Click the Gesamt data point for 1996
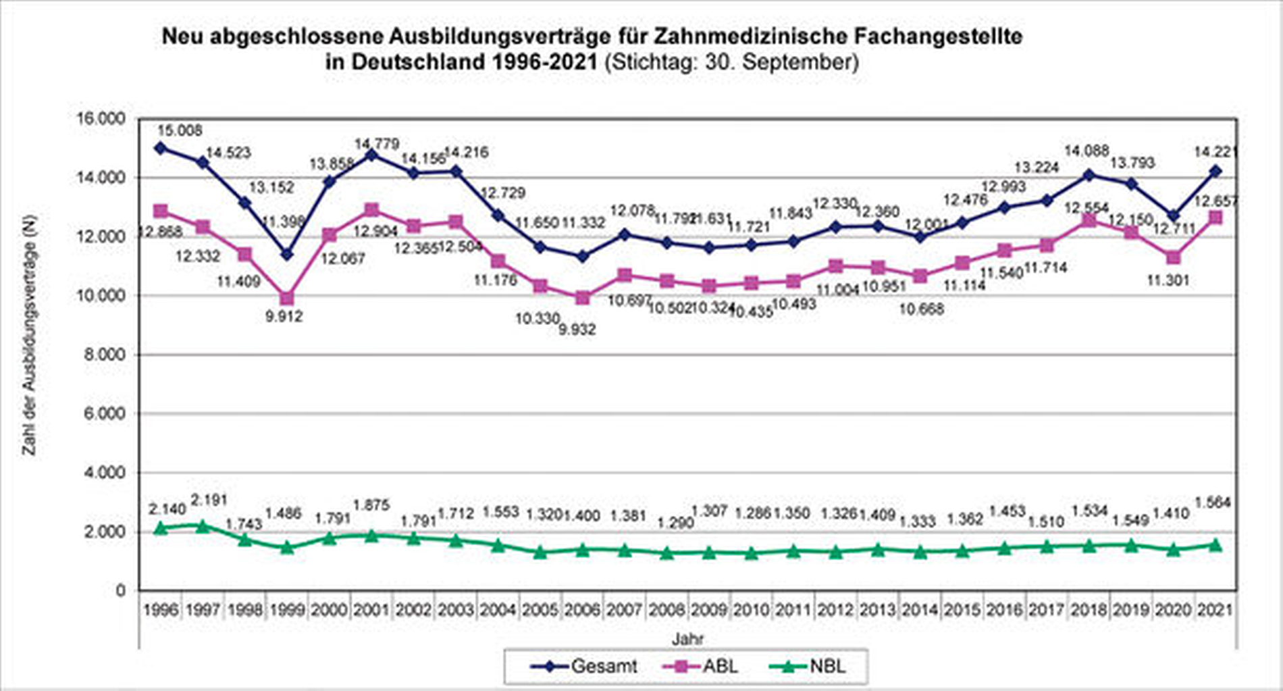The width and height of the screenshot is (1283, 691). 161,148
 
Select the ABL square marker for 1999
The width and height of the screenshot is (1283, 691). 287,298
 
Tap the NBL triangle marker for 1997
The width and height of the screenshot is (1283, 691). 203,526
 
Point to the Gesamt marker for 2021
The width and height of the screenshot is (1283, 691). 1215,172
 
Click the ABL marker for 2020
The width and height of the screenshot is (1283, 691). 1174,257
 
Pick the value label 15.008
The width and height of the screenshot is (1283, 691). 180,130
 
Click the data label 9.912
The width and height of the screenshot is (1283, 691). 284,315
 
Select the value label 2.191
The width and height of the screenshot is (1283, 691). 209,501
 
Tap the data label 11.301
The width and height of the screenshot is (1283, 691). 1168,280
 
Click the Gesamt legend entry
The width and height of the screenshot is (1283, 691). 585,667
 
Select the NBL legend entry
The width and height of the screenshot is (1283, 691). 809,667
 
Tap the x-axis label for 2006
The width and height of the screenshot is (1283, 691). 582,610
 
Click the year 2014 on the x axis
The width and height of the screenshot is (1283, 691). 920,610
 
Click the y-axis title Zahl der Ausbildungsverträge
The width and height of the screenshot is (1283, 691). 30,336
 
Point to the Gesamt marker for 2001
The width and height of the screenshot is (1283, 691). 371,155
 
